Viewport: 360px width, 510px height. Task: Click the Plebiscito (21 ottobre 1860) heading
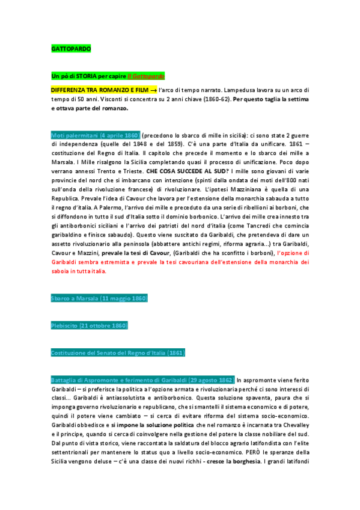(x=90, y=325)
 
